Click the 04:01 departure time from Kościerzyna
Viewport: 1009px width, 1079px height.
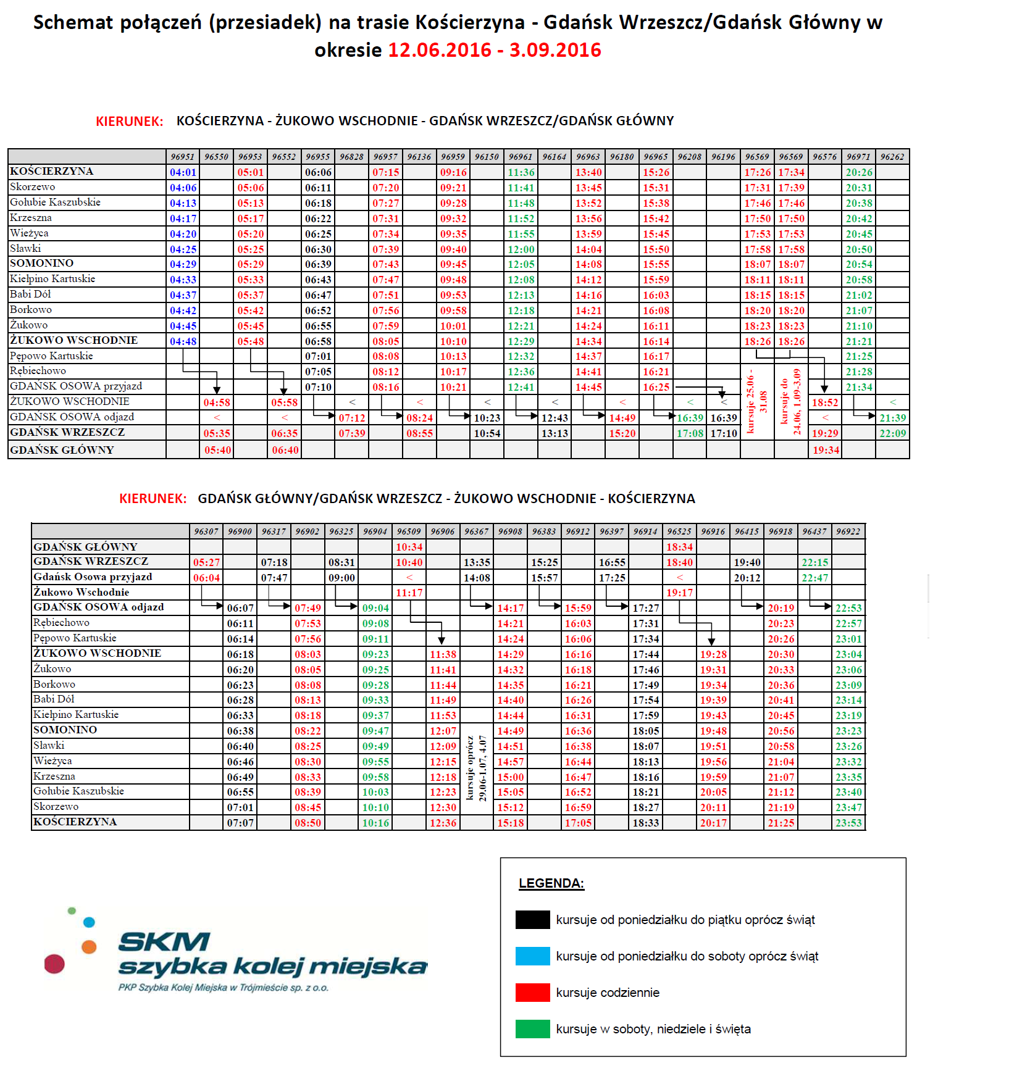point(183,172)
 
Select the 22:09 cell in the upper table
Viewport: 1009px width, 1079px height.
point(892,433)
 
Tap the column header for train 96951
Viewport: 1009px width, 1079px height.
point(183,157)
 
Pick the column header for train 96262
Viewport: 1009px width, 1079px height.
point(892,157)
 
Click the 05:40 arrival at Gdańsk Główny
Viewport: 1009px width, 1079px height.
point(217,450)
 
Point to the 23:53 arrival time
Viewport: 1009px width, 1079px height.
point(848,823)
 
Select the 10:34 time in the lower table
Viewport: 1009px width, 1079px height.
point(409,547)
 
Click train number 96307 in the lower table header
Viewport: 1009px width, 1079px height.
point(206,531)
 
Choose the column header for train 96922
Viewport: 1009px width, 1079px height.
point(848,531)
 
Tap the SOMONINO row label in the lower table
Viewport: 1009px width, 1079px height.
point(65,730)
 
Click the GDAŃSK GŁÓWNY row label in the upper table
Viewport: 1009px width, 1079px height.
point(62,450)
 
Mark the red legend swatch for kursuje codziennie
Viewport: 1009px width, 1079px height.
point(532,993)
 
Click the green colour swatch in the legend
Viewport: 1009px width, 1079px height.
point(532,1029)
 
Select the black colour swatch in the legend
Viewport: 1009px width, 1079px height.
point(532,920)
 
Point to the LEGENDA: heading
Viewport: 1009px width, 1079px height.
point(551,883)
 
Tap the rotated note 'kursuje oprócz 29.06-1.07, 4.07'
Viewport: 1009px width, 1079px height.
point(476,768)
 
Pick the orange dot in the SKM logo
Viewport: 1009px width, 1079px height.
point(89,947)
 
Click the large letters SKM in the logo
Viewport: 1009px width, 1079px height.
point(164,942)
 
